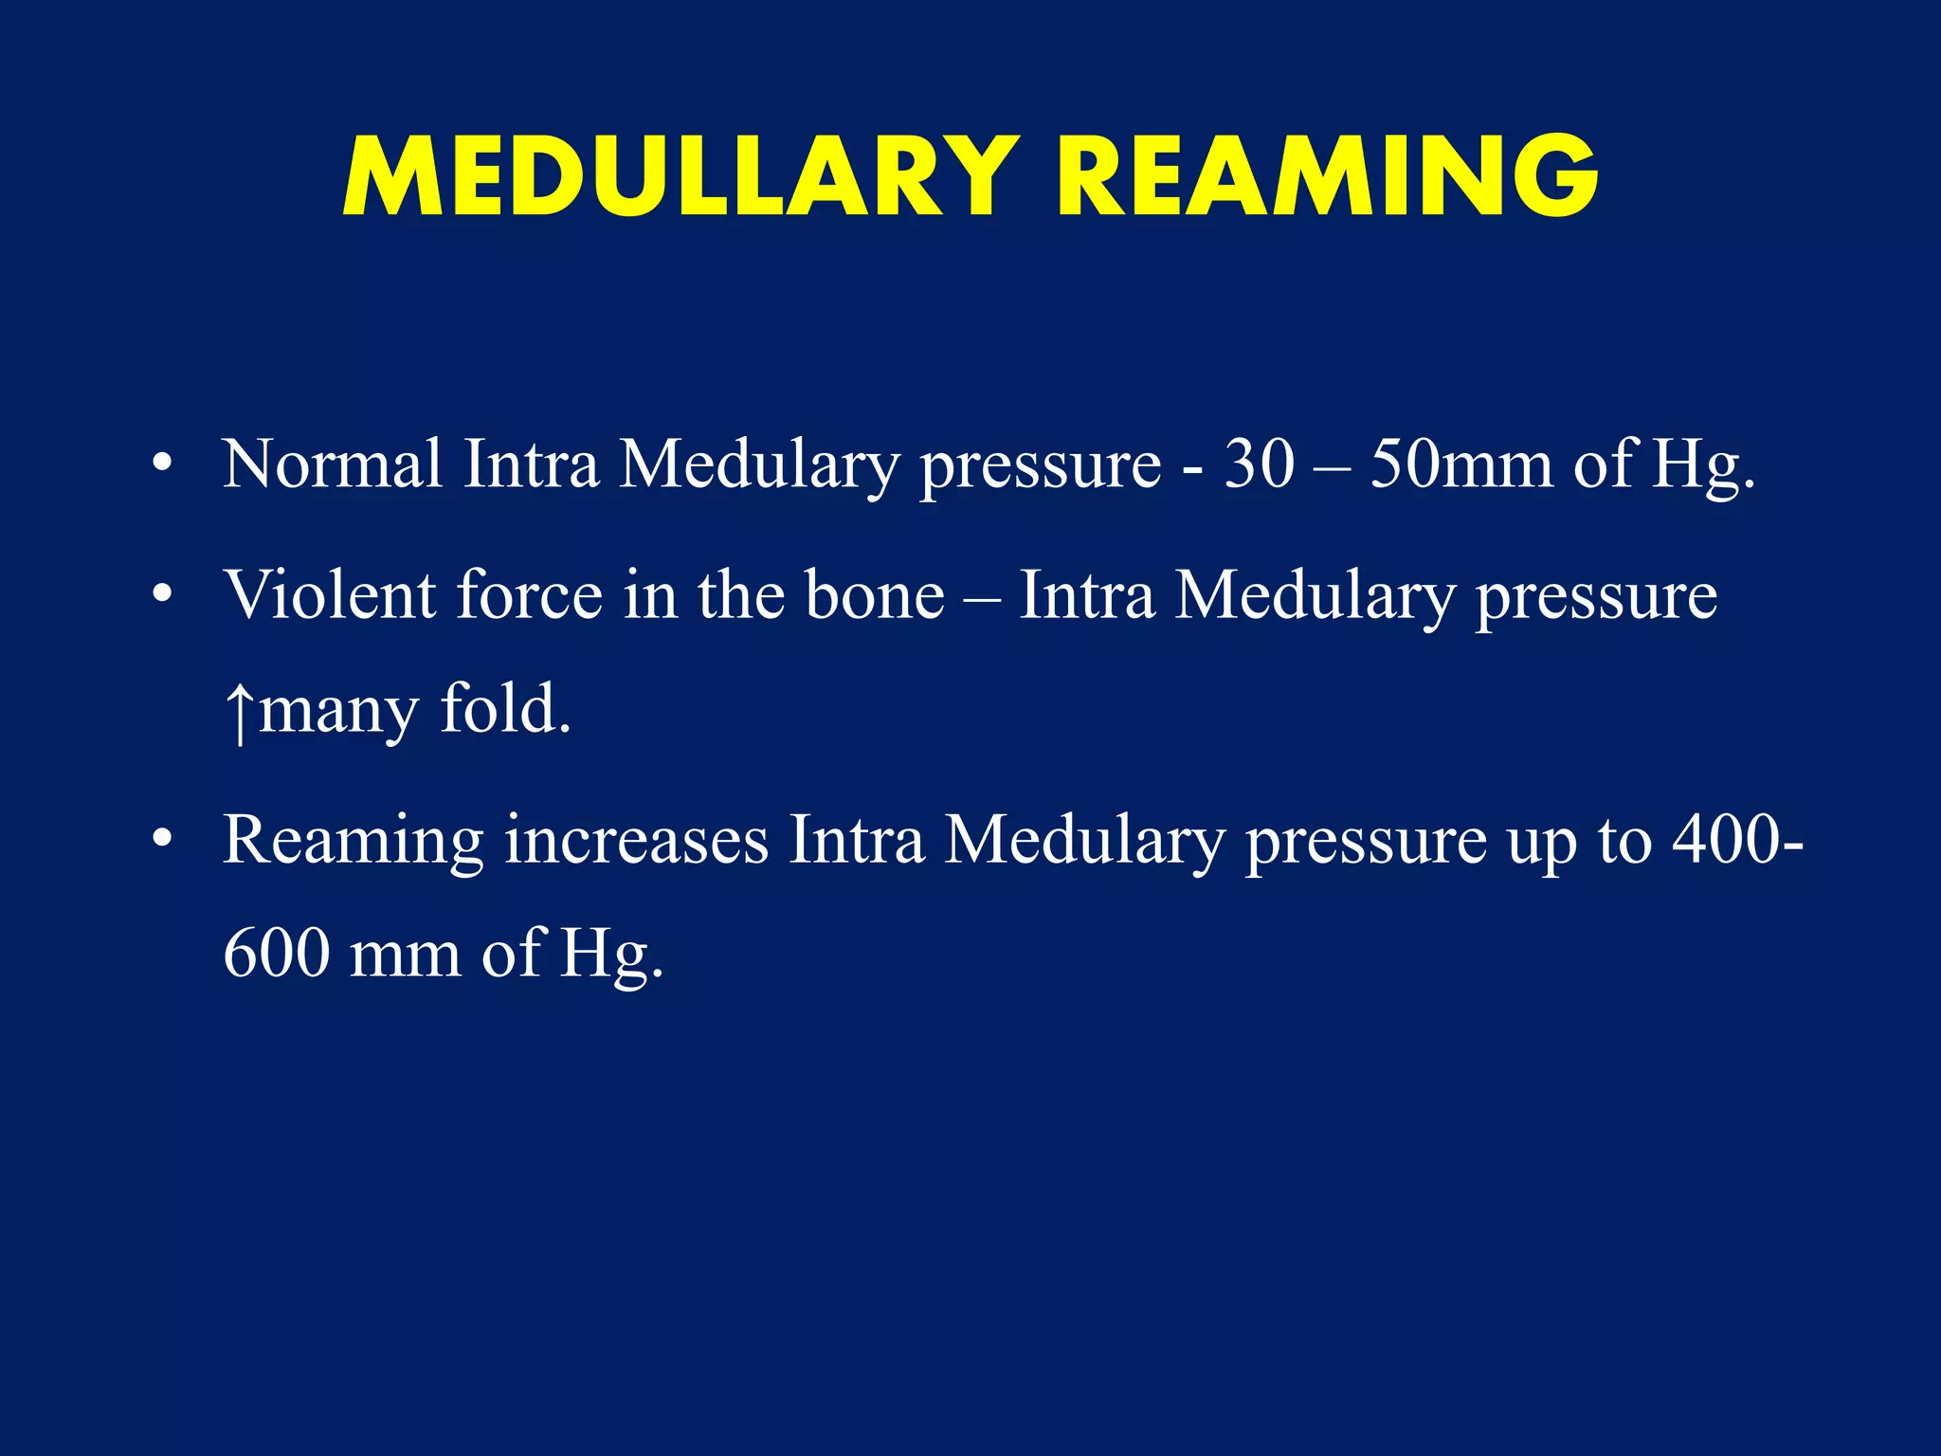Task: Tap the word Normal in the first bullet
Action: [x=332, y=464]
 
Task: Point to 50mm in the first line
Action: [x=1460, y=464]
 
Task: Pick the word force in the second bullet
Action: [x=529, y=595]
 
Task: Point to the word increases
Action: [x=636, y=840]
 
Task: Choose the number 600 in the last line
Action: [x=277, y=954]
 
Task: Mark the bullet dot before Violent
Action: [x=163, y=595]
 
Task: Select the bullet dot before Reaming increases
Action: [x=163, y=840]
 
